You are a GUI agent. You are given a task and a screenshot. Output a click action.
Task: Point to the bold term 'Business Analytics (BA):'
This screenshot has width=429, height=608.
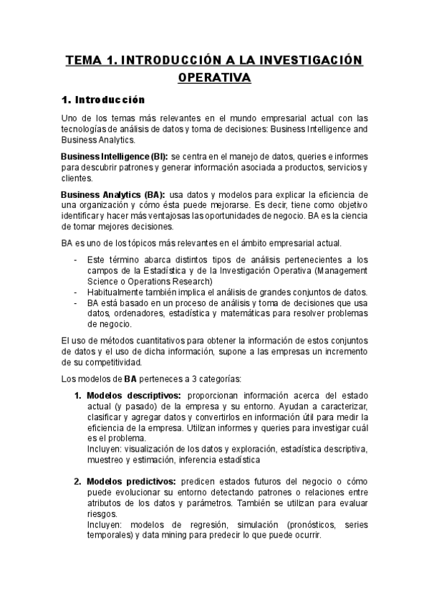(x=113, y=195)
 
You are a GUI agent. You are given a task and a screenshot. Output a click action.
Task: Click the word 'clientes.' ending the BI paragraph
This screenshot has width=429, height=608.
(x=77, y=178)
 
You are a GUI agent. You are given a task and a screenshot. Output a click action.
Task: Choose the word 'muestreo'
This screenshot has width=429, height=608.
(x=105, y=460)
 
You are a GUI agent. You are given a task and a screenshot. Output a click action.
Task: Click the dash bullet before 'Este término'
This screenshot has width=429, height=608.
(x=77, y=260)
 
